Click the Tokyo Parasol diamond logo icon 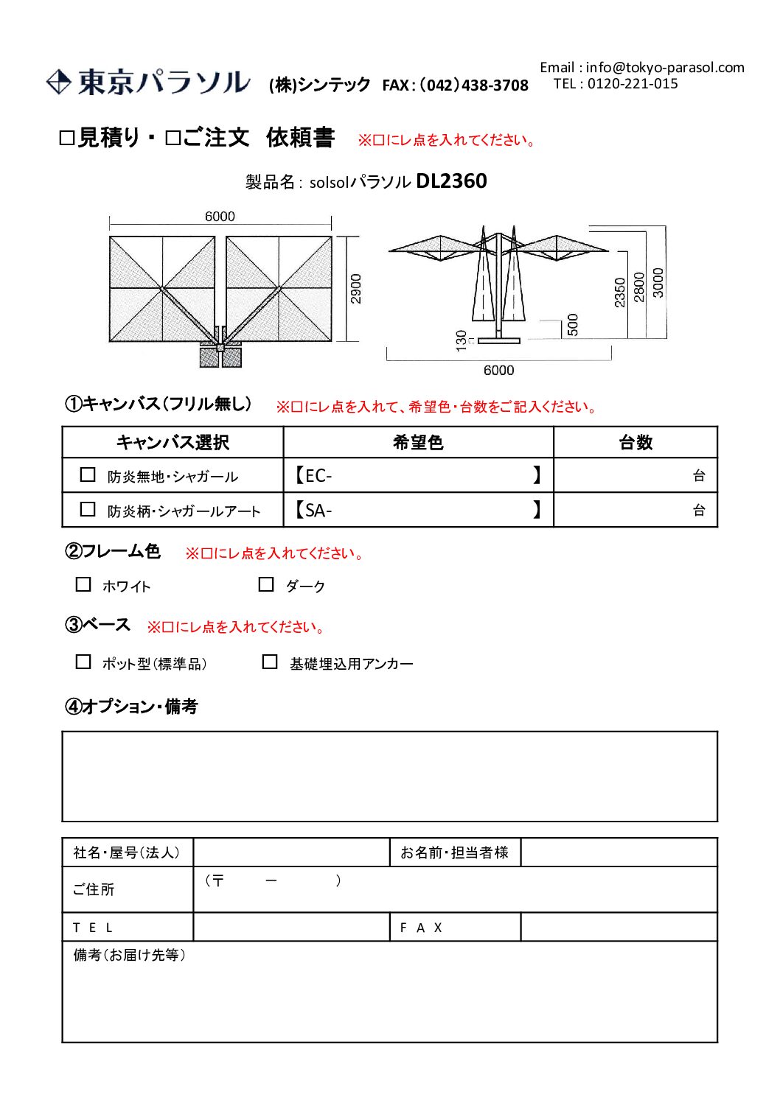[58, 82]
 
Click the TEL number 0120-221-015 [632, 84]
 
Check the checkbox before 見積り [67, 139]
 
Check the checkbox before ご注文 [173, 139]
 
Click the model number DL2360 [451, 181]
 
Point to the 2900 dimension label [356, 289]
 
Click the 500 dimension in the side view [573, 324]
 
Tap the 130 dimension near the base [462, 340]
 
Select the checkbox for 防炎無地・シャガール [88, 475]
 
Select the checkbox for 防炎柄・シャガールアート [88, 510]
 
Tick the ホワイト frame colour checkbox [83, 585]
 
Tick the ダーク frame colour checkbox [266, 585]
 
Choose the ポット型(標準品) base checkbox [83, 662]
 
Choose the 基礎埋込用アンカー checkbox [270, 662]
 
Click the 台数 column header [636, 443]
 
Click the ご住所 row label [94, 890]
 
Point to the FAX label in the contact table [421, 928]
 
